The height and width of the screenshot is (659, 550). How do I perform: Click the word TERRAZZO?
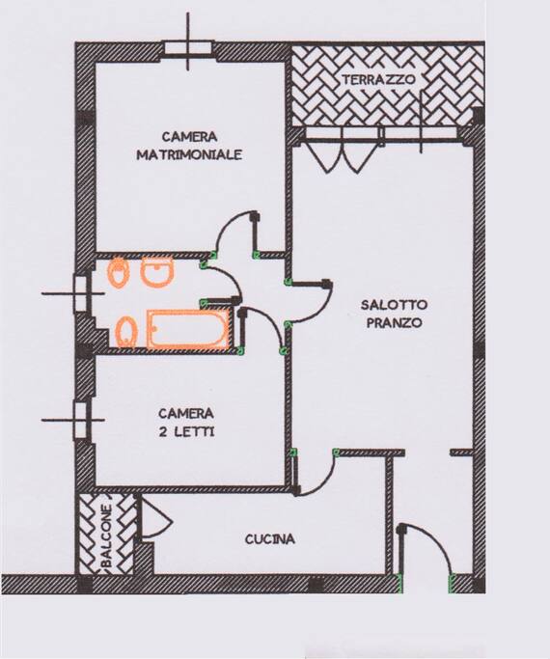pyautogui.click(x=378, y=79)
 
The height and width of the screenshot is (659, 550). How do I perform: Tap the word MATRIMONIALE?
pyautogui.click(x=189, y=154)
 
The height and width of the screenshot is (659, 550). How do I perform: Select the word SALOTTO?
pyautogui.click(x=394, y=304)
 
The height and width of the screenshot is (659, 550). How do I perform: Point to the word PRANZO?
pyautogui.click(x=394, y=323)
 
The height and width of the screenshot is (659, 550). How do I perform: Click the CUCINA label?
pyautogui.click(x=270, y=538)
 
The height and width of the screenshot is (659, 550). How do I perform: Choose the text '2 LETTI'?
pyautogui.click(x=186, y=431)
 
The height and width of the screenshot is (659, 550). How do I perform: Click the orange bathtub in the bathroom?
pyautogui.click(x=189, y=329)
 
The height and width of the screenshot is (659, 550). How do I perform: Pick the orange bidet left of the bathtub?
pyautogui.click(x=126, y=332)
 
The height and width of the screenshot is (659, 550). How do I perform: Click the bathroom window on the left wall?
pyautogui.click(x=80, y=293)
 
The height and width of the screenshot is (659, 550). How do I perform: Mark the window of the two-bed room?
pyautogui.click(x=80, y=421)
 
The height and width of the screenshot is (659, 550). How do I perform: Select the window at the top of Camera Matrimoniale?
pyautogui.click(x=188, y=47)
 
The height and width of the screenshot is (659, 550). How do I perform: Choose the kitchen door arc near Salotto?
pyautogui.click(x=323, y=483)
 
